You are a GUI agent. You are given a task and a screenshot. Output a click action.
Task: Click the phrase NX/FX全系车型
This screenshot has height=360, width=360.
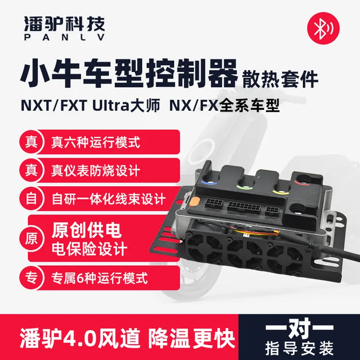click(x=224, y=106)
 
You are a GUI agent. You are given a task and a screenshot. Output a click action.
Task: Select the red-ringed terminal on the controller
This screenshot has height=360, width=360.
click(x=302, y=182)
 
